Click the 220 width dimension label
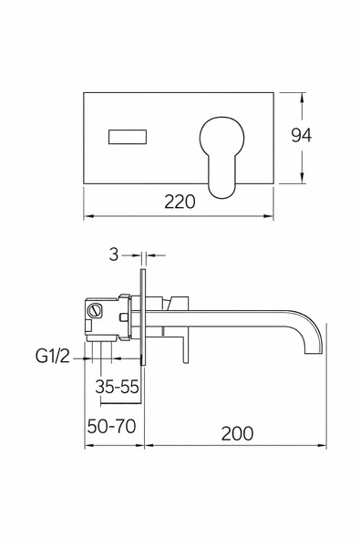pyautogui.click(x=180, y=202)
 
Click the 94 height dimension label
pyautogui.click(x=302, y=135)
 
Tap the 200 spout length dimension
pyautogui.click(x=237, y=433)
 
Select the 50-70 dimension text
pyautogui.click(x=111, y=426)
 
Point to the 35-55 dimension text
pyautogui.click(x=117, y=387)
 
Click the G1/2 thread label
pyautogui.click(x=52, y=356)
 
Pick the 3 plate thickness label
pyautogui.click(x=114, y=254)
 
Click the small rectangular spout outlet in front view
pyautogui.click(x=128, y=137)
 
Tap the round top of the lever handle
pyautogui.click(x=221, y=138)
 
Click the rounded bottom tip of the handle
pyautogui.click(x=222, y=192)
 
